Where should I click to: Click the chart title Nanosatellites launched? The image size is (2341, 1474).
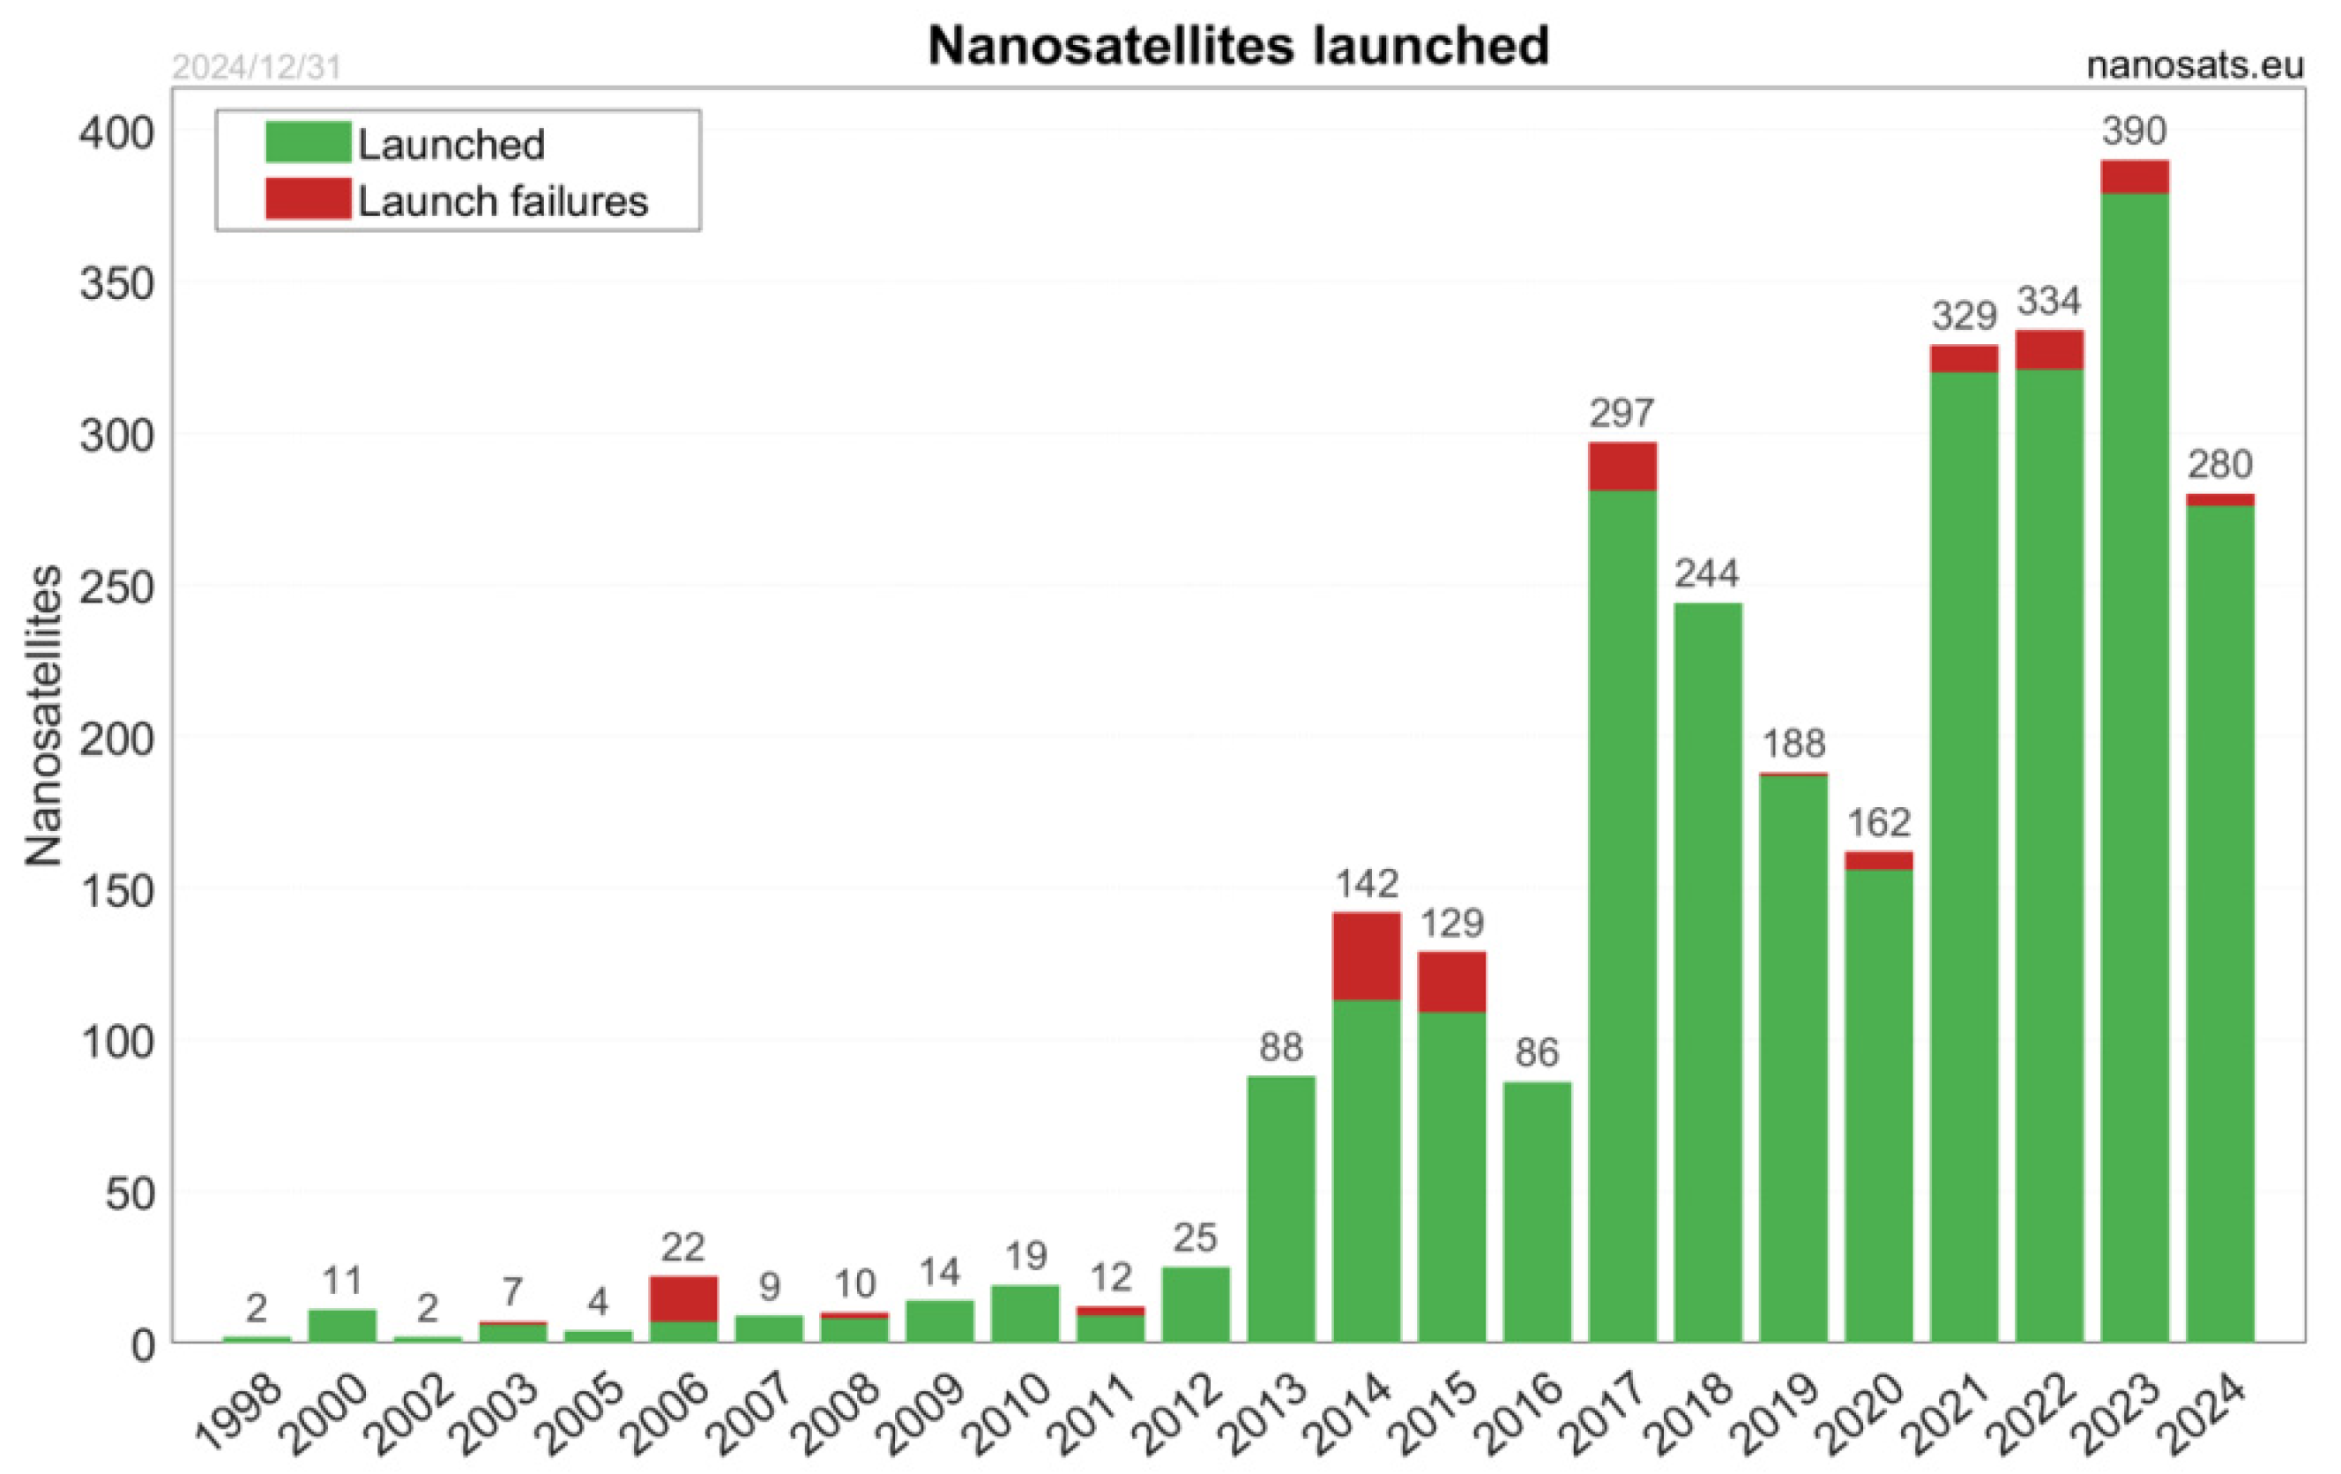[x=1238, y=46]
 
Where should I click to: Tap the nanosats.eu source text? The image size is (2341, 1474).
[x=2195, y=65]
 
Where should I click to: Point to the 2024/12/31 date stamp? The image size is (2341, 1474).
[x=257, y=67]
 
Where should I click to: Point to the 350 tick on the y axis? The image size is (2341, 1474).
[x=116, y=284]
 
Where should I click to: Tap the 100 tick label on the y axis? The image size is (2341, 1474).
[x=116, y=1043]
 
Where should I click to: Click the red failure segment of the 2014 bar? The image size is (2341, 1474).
[x=1366, y=956]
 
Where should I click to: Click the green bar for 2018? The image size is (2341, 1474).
[x=1707, y=972]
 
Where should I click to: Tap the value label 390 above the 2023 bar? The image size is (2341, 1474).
[x=2134, y=131]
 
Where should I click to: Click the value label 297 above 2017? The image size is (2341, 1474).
[x=1622, y=413]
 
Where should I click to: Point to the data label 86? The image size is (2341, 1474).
[x=1536, y=1052]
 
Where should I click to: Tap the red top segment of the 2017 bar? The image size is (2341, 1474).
[x=1622, y=467]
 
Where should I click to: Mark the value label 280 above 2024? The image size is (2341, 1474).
[x=2219, y=464]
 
